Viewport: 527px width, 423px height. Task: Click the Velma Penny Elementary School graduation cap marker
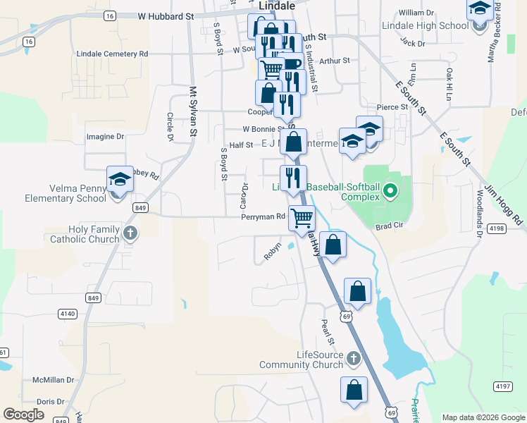pyautogui.click(x=120, y=180)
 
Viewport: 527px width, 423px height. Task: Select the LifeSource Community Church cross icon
pyautogui.click(x=354, y=360)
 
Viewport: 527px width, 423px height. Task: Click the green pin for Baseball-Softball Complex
pyautogui.click(x=388, y=190)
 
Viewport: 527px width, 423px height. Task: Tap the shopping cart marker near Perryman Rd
pyautogui.click(x=302, y=219)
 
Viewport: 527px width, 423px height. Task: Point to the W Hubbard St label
pyautogui.click(x=166, y=16)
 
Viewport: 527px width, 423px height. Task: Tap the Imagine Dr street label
pyautogui.click(x=105, y=136)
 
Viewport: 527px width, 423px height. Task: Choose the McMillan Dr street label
pyautogui.click(x=54, y=380)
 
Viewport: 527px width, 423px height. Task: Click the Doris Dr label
pyautogui.click(x=50, y=401)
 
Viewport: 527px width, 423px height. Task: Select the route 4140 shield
pyautogui.click(x=68, y=312)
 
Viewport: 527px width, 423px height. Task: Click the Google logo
pyautogui.click(x=24, y=415)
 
